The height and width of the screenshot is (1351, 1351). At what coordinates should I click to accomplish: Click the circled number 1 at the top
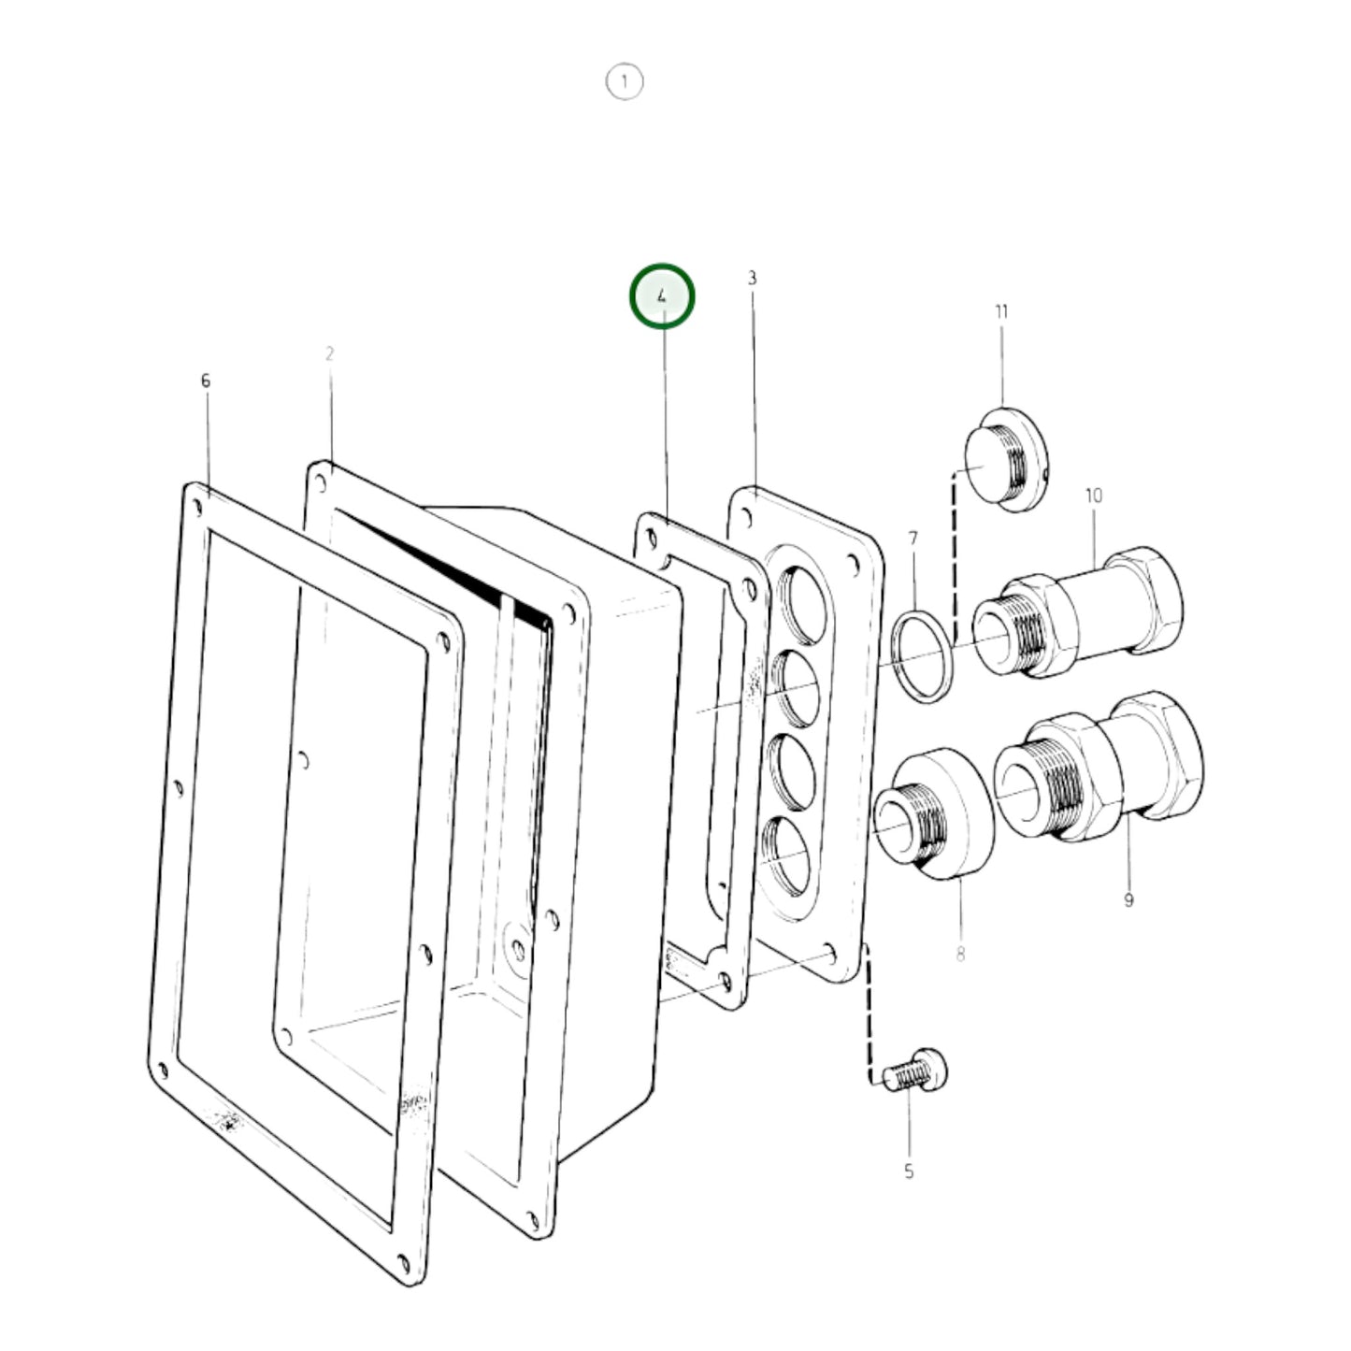[625, 81]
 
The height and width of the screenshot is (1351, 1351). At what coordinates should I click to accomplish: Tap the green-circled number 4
[662, 296]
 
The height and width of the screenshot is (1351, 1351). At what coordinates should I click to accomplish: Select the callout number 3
[752, 279]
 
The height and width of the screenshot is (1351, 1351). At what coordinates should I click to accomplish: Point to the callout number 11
[1001, 311]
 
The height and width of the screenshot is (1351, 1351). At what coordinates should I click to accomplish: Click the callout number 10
[1094, 496]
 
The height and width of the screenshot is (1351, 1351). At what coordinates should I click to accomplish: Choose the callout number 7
[913, 539]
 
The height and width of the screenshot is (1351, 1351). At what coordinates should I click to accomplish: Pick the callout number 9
[1128, 899]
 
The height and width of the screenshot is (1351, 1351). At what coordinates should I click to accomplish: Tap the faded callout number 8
[960, 954]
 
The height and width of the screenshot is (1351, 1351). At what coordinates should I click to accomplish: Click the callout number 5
[908, 1171]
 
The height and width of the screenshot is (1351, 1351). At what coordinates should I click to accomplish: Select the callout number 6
[206, 381]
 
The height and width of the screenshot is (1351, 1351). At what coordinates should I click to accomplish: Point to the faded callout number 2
[329, 353]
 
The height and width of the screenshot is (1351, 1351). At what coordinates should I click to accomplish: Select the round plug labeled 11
[1005, 459]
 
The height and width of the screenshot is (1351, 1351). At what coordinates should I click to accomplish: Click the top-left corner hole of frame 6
[198, 506]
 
